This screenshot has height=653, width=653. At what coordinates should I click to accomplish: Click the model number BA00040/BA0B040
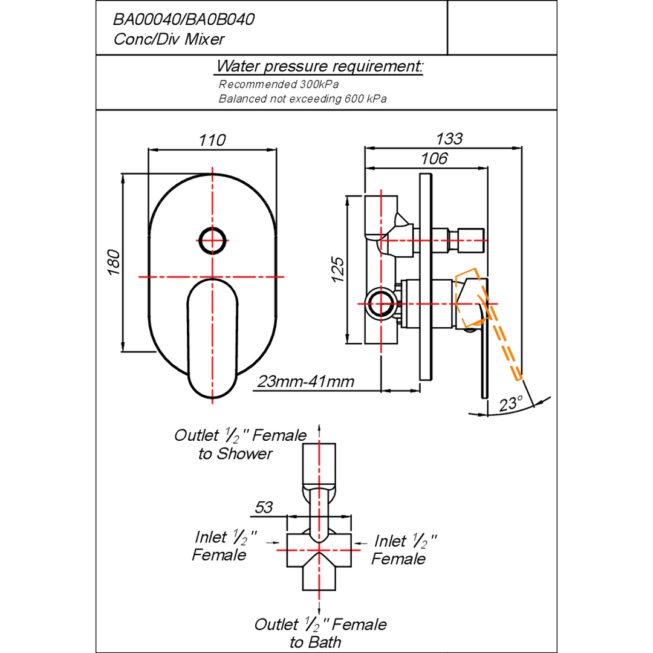tap(184, 19)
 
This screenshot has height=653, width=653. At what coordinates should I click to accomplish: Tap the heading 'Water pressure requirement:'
tap(319, 67)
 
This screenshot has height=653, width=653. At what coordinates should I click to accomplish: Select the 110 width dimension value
tap(212, 140)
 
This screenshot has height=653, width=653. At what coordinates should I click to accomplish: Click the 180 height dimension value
tap(114, 262)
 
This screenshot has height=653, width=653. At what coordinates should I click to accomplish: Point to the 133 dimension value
tap(449, 138)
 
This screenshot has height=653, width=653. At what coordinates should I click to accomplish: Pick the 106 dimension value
tap(434, 158)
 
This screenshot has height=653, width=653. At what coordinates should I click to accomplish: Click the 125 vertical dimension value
tap(338, 270)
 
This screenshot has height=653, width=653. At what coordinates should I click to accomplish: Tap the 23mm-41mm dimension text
tap(306, 382)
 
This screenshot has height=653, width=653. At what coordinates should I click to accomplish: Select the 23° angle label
tap(510, 403)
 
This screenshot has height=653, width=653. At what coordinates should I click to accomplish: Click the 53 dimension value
tap(264, 507)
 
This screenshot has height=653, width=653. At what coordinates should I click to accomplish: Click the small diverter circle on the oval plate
tap(212, 241)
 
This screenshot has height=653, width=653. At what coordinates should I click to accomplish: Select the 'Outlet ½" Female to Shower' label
tap(240, 444)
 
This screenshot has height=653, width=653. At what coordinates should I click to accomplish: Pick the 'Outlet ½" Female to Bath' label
tap(320, 633)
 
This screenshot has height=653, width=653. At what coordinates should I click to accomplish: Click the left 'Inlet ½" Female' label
tap(224, 545)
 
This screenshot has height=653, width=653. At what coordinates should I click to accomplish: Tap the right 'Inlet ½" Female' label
tap(403, 550)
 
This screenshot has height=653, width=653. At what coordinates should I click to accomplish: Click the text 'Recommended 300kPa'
tap(279, 85)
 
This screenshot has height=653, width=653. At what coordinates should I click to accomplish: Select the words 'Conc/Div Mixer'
tap(169, 39)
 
